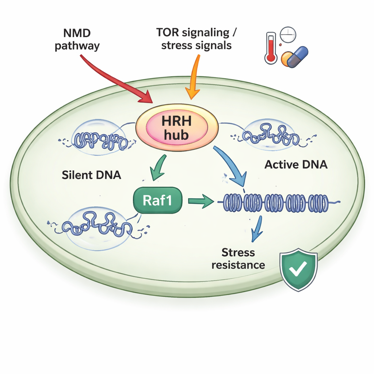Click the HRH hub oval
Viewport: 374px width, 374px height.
pyautogui.click(x=177, y=127)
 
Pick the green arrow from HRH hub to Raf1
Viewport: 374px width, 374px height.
pyautogui.click(x=157, y=168)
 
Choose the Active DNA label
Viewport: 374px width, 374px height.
pyautogui.click(x=296, y=165)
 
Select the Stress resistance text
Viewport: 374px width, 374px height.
pyautogui.click(x=238, y=258)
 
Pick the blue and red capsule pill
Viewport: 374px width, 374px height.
pyautogui.click(x=297, y=57)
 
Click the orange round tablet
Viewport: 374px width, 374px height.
pyautogui.click(x=286, y=58)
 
